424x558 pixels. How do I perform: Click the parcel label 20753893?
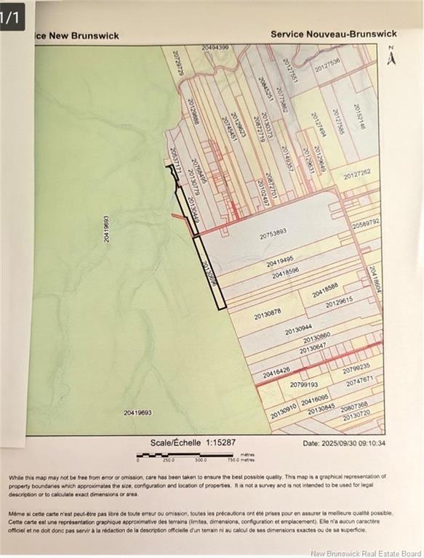coord(273,233)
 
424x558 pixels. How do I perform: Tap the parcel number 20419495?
coord(280,262)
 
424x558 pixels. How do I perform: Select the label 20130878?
coord(268,314)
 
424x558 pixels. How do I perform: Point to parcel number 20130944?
coord(298,330)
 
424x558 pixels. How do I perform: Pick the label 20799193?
coord(304,384)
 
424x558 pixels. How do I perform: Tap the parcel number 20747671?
coord(359,380)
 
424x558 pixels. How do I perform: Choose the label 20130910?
coord(284,412)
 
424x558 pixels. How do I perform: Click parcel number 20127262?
coord(357,173)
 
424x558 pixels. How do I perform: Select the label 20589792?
coord(366,224)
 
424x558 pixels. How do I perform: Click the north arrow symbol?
coord(391,57)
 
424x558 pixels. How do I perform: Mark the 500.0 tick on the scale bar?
coord(201,460)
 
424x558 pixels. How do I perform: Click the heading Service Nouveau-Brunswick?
coord(334,33)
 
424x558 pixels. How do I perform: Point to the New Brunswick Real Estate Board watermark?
coord(365,553)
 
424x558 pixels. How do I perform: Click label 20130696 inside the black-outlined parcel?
coord(209,276)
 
